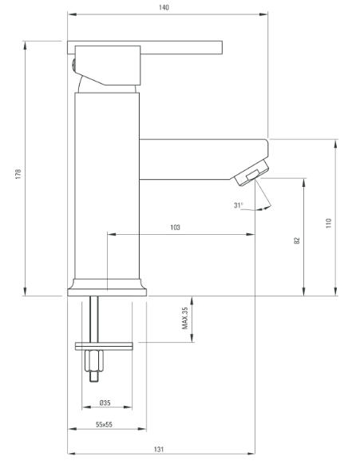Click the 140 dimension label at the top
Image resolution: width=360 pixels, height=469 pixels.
[x=164, y=7]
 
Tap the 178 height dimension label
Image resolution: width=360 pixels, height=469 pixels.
[x=18, y=174]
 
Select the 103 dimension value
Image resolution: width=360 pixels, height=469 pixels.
[x=175, y=228]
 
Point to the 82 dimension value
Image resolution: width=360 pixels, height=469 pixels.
[x=297, y=240]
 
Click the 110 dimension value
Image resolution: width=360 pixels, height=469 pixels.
[x=329, y=223]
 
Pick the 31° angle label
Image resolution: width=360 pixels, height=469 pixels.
[x=239, y=205]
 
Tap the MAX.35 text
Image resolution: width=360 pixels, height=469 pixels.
[x=185, y=318]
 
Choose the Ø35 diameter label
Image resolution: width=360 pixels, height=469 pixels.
[x=105, y=403]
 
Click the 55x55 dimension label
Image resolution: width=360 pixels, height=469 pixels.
[x=104, y=424]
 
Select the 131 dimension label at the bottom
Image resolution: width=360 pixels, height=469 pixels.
[x=159, y=449]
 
